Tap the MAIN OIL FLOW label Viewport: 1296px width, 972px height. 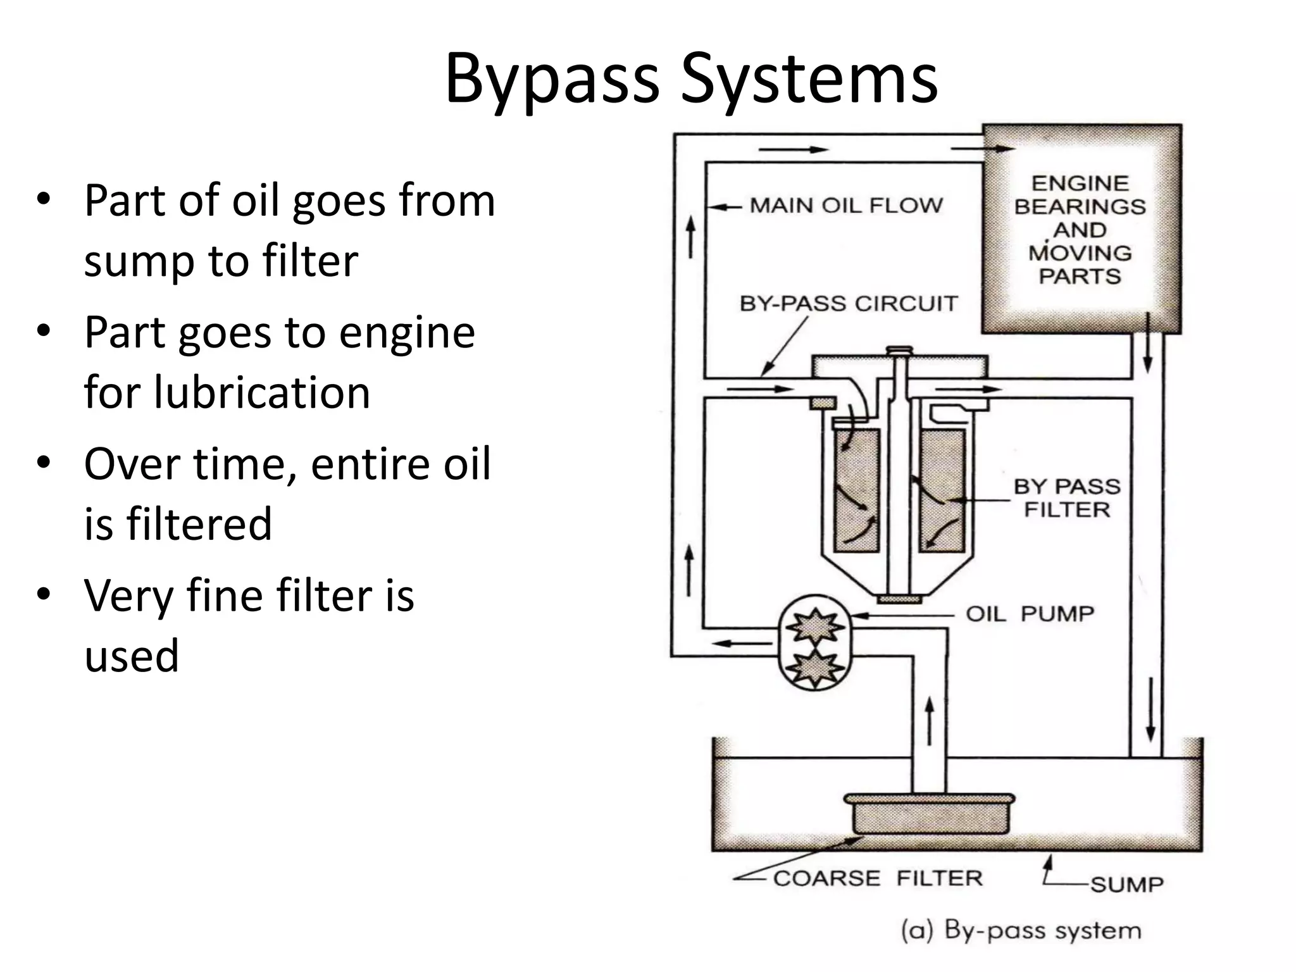(846, 206)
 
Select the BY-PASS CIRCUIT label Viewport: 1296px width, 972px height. (849, 304)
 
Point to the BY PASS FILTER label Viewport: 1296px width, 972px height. (1067, 498)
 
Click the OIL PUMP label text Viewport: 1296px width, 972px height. (1030, 614)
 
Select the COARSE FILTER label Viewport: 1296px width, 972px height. (878, 878)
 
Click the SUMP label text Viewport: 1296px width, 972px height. (1126, 884)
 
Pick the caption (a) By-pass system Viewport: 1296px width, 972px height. (1021, 931)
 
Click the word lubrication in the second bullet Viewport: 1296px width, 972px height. (227, 392)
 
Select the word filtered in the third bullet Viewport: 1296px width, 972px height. (199, 524)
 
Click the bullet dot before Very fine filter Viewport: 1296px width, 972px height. (43, 594)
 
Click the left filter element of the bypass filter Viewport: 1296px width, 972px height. (857, 490)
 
